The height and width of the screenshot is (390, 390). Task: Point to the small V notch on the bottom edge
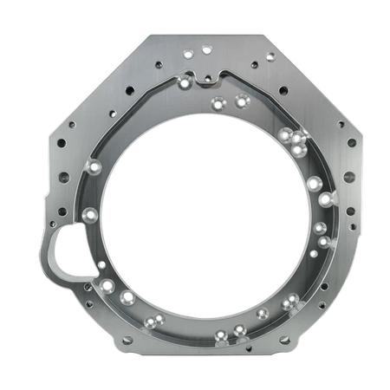pyautogui.click(x=196, y=356)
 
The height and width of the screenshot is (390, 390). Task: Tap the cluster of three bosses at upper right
pyautogui.click(x=292, y=138)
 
